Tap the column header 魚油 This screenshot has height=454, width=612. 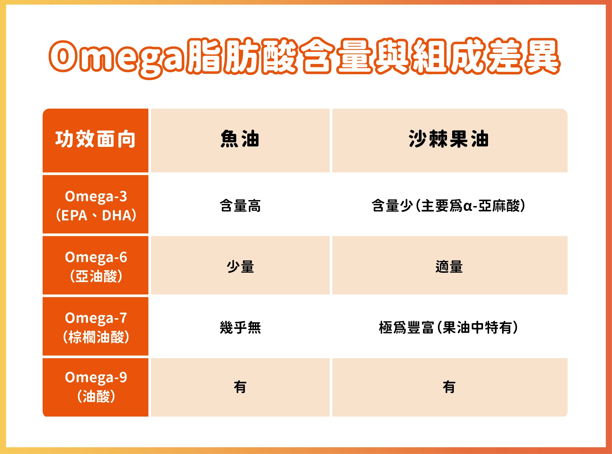point(240,139)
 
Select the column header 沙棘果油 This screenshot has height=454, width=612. point(449,139)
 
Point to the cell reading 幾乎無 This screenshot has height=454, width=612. point(240,328)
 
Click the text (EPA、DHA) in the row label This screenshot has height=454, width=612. point(96,215)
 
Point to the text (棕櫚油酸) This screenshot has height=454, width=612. point(96,337)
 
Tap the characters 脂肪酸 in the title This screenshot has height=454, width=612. point(242,56)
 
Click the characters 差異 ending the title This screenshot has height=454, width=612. point(524,56)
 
